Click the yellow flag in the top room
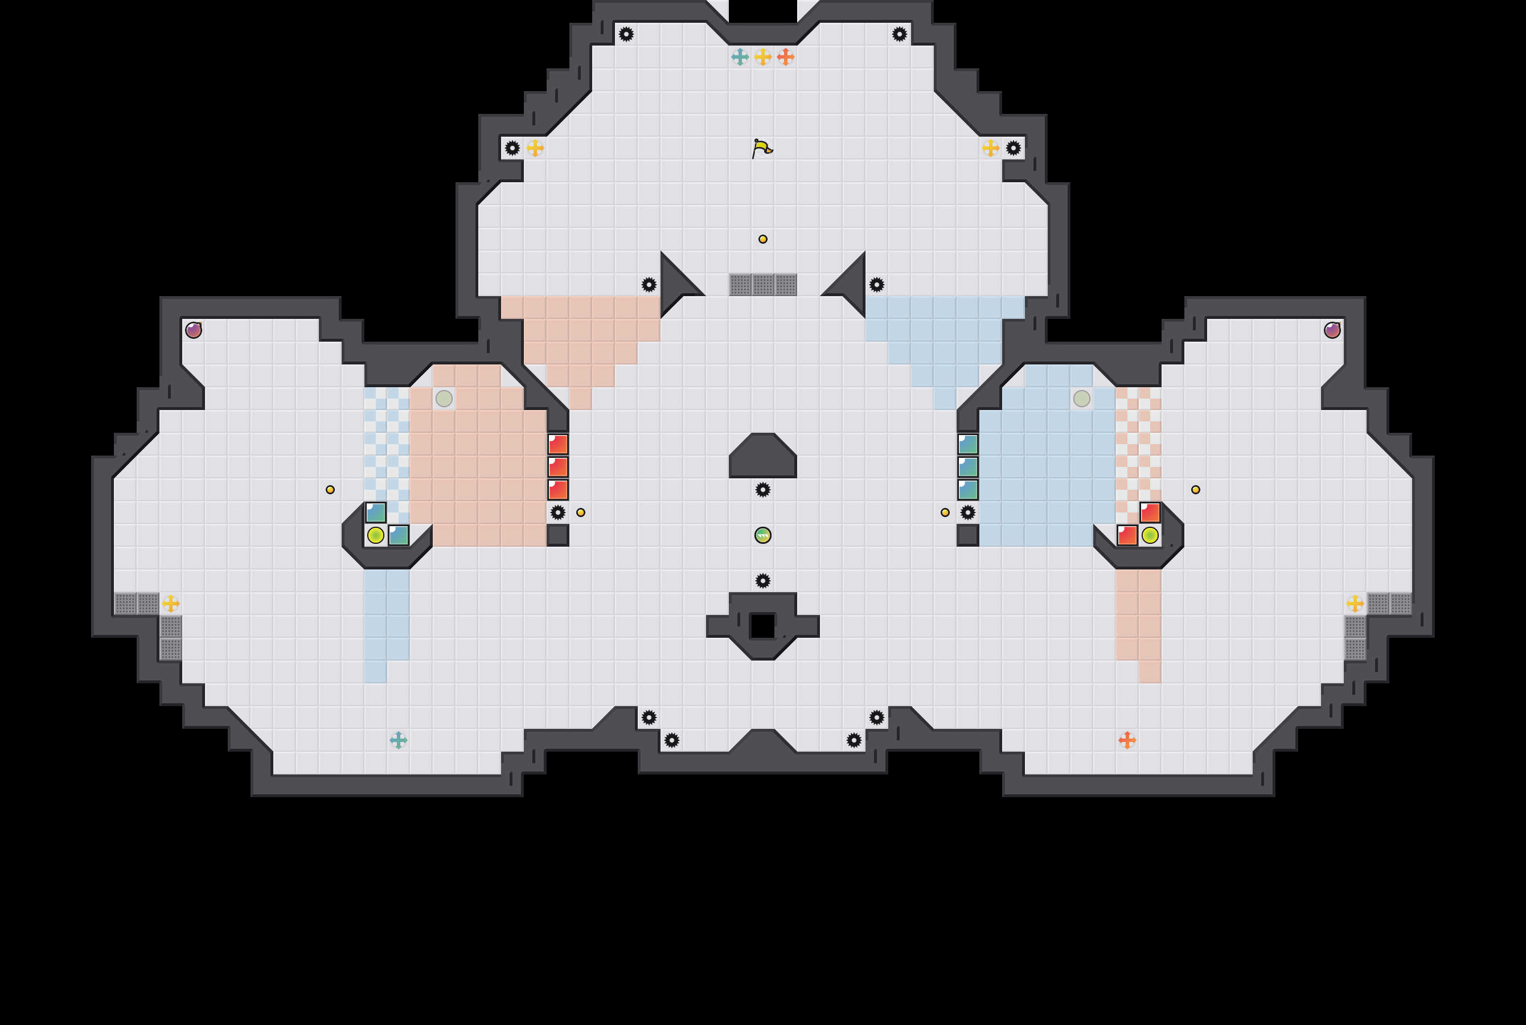tap(761, 149)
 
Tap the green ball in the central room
tap(762, 535)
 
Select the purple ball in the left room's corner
tap(194, 330)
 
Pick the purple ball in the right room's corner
tap(1332, 330)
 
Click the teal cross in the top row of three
tap(740, 57)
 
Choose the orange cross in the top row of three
tap(786, 57)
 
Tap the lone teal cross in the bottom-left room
tap(398, 740)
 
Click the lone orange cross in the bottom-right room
tap(1127, 740)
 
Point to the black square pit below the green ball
tap(762, 626)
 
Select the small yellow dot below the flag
tap(762, 239)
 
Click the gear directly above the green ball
tap(762, 490)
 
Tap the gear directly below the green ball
tap(762, 580)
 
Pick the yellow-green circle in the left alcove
tap(376, 535)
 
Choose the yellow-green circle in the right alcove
tap(1150, 535)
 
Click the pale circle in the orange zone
tap(444, 398)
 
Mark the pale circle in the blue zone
tap(1082, 398)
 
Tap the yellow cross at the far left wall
tap(171, 604)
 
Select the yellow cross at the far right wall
tap(1355, 604)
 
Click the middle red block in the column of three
tap(557, 467)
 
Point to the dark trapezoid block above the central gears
tap(762, 458)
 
